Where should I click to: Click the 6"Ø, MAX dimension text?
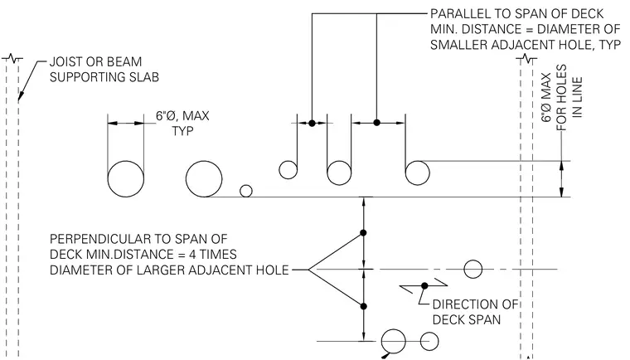pos(182,116)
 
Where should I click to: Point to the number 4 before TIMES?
pos(192,254)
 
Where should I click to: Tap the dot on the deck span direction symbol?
pos(424,285)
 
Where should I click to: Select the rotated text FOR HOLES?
pos(562,97)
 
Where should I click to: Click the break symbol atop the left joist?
pos(12,59)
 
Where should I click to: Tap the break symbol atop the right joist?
pos(526,59)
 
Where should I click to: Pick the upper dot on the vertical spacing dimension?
pos(363,233)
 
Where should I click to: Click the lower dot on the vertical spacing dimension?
pos(364,307)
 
